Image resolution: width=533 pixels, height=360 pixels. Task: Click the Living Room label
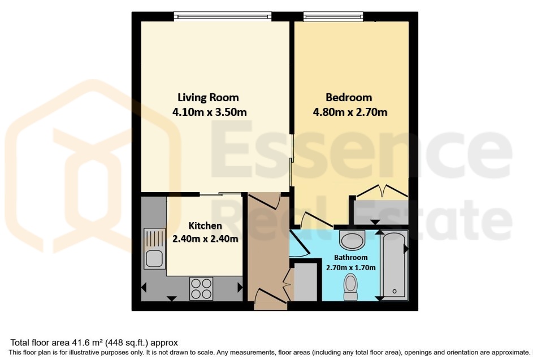coord(208,98)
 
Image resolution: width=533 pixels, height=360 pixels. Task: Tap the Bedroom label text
coord(349,98)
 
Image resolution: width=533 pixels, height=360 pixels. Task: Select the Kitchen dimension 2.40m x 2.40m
coord(205,238)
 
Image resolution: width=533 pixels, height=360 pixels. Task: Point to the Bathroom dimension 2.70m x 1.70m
coord(351,267)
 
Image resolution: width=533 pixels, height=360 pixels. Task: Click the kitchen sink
coord(155,249)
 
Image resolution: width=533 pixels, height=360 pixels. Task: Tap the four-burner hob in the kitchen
coord(201,289)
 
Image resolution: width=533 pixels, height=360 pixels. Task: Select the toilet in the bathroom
coord(351,287)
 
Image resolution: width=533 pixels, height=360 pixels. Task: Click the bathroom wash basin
coord(352,240)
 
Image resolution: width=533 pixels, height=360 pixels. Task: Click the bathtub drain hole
coord(395,291)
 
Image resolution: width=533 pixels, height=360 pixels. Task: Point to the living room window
coord(223,16)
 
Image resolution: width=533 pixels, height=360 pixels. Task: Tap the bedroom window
coord(333,16)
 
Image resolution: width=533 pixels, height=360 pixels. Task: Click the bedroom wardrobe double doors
coord(382,191)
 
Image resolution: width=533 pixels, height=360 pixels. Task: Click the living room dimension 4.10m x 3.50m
coord(209,112)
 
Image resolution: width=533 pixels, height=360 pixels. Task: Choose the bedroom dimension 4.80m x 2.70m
coord(350,112)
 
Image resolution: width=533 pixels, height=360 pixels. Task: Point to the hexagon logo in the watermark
coord(93,167)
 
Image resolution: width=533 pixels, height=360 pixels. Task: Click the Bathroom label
coord(351,257)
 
